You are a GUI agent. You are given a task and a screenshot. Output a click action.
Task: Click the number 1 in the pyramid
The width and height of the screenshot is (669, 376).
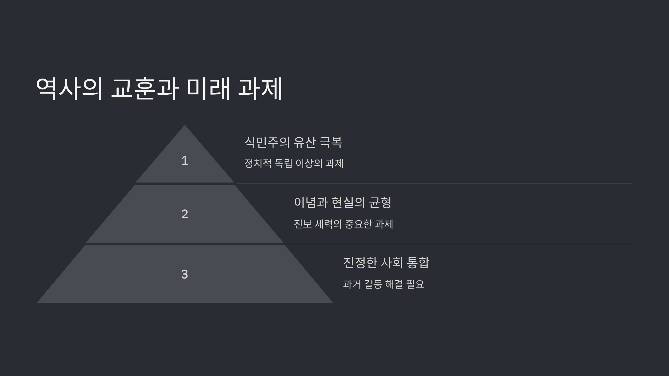(185, 161)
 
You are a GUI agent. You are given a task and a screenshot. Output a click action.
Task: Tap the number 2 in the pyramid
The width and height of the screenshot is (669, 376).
(185, 214)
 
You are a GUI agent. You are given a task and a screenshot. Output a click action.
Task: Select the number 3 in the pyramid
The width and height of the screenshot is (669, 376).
(185, 274)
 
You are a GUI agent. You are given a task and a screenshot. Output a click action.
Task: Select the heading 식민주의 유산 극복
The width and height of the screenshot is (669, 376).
(293, 142)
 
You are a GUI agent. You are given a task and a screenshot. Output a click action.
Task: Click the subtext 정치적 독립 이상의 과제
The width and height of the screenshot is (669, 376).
(294, 163)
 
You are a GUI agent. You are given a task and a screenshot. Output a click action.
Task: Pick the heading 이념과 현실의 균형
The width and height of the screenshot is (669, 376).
(343, 202)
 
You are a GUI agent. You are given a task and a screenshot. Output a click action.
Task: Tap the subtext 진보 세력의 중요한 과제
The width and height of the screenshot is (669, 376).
(343, 224)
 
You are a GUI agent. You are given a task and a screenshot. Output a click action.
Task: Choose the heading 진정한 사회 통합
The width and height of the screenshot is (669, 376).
(386, 263)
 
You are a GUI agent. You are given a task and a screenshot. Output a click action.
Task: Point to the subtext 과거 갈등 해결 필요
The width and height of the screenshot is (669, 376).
(383, 284)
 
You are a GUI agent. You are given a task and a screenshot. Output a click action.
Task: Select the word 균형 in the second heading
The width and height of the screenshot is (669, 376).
(380, 202)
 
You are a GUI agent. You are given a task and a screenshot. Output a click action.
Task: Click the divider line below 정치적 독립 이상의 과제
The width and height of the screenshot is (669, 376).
(434, 184)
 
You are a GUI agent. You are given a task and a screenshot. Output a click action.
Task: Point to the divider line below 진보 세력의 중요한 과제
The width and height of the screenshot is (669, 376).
(458, 244)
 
